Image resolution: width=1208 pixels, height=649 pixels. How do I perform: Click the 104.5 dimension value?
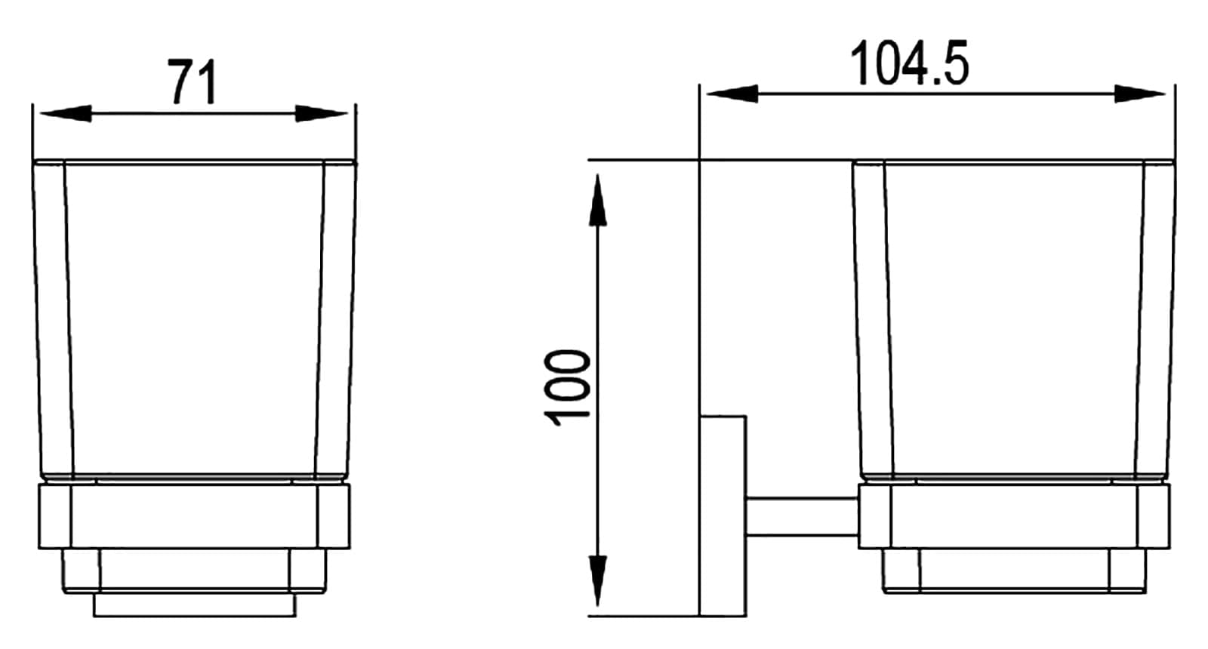(x=909, y=63)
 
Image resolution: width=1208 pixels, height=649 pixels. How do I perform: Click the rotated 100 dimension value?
(x=568, y=388)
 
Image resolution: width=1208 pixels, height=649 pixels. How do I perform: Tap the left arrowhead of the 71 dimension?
(x=65, y=114)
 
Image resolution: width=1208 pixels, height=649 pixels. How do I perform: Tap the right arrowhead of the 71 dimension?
(x=322, y=114)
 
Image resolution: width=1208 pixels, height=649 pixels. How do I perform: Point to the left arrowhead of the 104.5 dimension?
(x=732, y=94)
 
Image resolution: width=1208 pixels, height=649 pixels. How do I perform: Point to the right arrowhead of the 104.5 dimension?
(x=1139, y=94)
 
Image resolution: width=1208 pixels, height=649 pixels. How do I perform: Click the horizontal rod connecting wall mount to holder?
(x=803, y=518)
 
